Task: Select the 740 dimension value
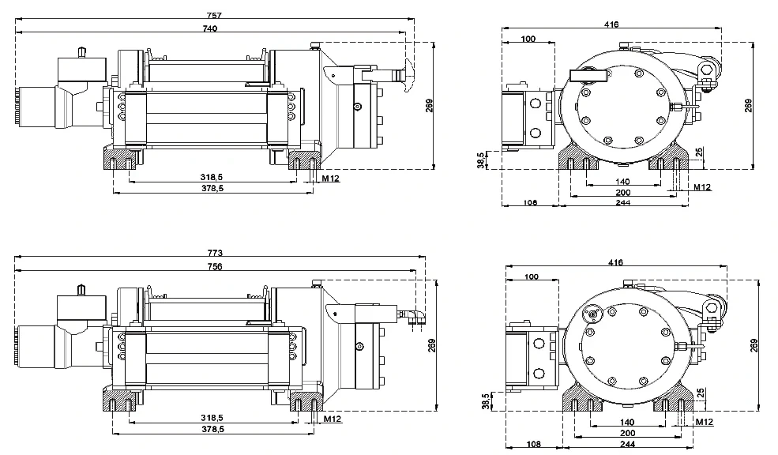[209, 28]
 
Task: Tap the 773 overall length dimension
[215, 253]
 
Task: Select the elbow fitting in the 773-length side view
[415, 317]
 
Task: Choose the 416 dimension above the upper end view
[611, 24]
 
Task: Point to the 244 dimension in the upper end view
[624, 203]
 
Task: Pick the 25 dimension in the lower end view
[700, 392]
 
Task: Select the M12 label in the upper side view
[331, 179]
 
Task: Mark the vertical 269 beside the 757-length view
[428, 105]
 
